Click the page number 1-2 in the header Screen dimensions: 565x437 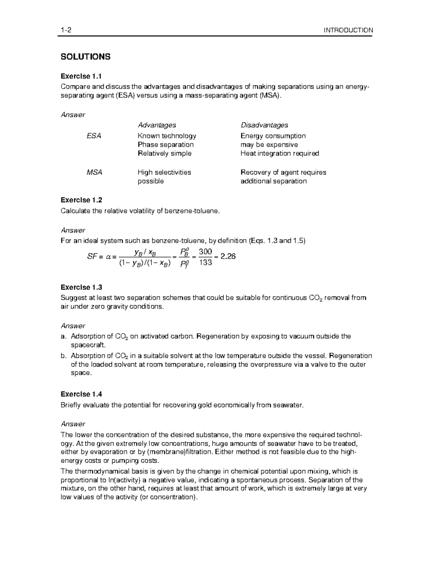(66, 30)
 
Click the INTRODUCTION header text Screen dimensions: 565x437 (349, 30)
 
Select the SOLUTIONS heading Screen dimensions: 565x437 (85, 57)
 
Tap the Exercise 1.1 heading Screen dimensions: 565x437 (81, 76)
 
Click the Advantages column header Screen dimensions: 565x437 (157, 125)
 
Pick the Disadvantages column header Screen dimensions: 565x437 (264, 125)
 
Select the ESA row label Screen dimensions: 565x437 (94, 136)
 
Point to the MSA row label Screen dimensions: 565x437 (94, 172)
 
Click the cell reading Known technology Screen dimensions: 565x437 (167, 136)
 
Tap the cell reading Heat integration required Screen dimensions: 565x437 (279, 154)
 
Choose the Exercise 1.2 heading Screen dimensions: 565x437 (81, 200)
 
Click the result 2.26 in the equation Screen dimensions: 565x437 (228, 256)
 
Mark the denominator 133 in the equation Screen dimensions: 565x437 (205, 262)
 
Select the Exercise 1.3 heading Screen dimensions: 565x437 (81, 287)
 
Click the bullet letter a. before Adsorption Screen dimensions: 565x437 (64, 337)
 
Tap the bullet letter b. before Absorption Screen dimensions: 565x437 (64, 356)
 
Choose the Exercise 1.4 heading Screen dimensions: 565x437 (81, 394)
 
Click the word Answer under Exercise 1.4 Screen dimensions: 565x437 (73, 424)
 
